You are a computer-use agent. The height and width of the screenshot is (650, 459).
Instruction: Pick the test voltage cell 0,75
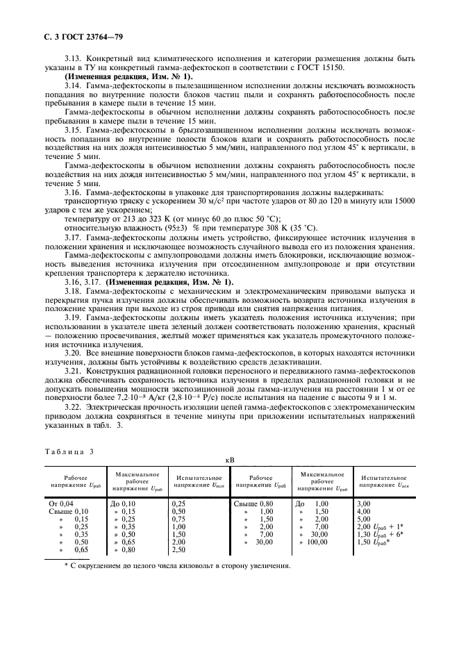179,519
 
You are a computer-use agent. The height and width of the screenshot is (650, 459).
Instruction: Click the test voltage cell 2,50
179,550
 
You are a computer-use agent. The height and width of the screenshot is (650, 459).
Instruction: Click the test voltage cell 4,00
363,511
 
